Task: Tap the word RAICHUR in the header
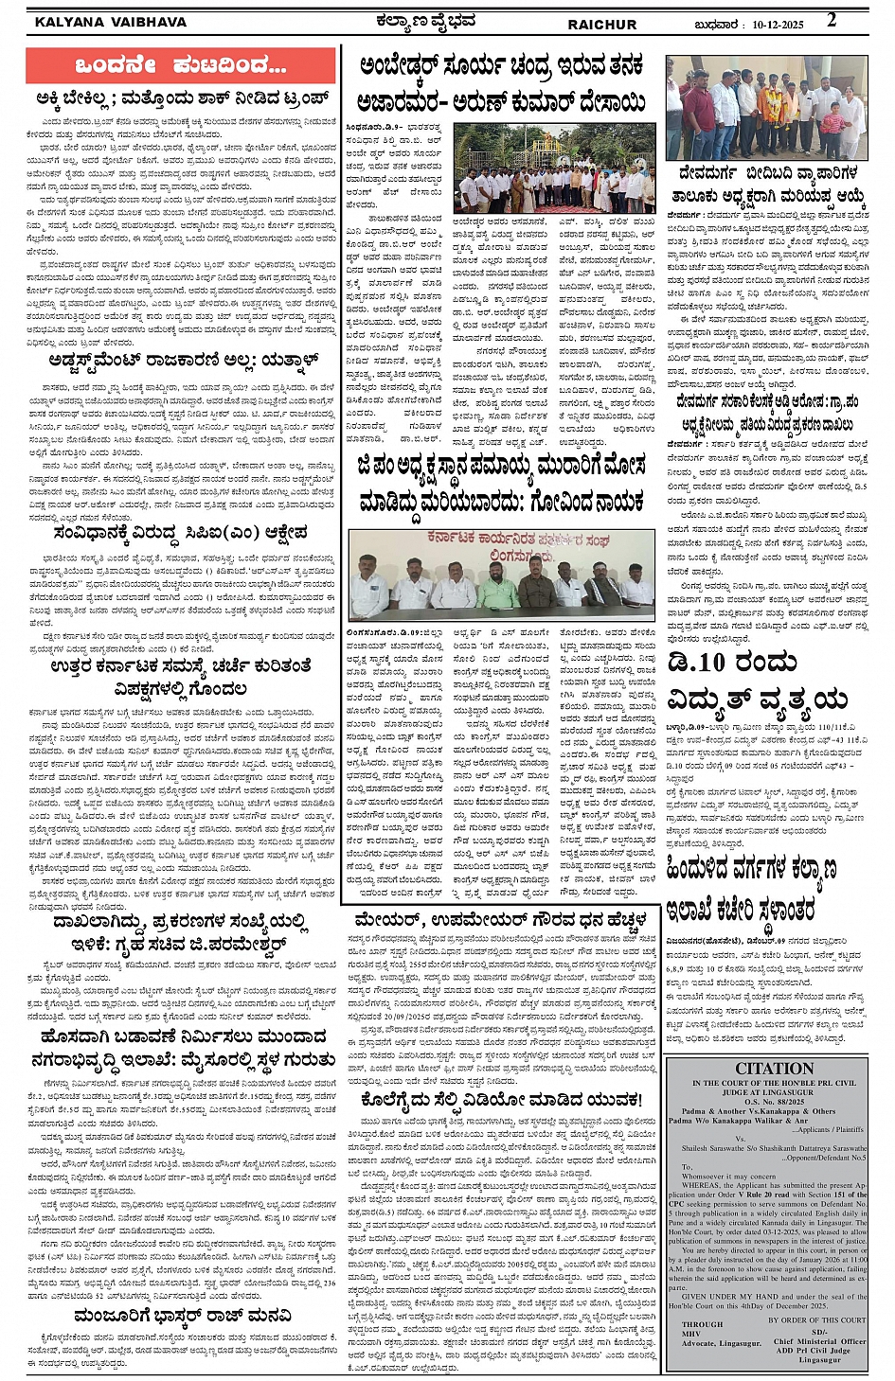pyautogui.click(x=602, y=24)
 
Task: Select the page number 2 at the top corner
pyautogui.click(x=832, y=20)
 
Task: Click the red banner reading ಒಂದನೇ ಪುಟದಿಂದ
pyautogui.click(x=180, y=65)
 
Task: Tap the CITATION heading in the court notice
pyautogui.click(x=774, y=1069)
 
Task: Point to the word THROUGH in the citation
pyautogui.click(x=702, y=1324)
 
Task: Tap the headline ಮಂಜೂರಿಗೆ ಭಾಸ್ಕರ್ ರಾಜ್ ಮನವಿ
pyautogui.click(x=183, y=1316)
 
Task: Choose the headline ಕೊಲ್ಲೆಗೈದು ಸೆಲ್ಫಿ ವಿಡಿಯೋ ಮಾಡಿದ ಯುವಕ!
pyautogui.click(x=501, y=1100)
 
